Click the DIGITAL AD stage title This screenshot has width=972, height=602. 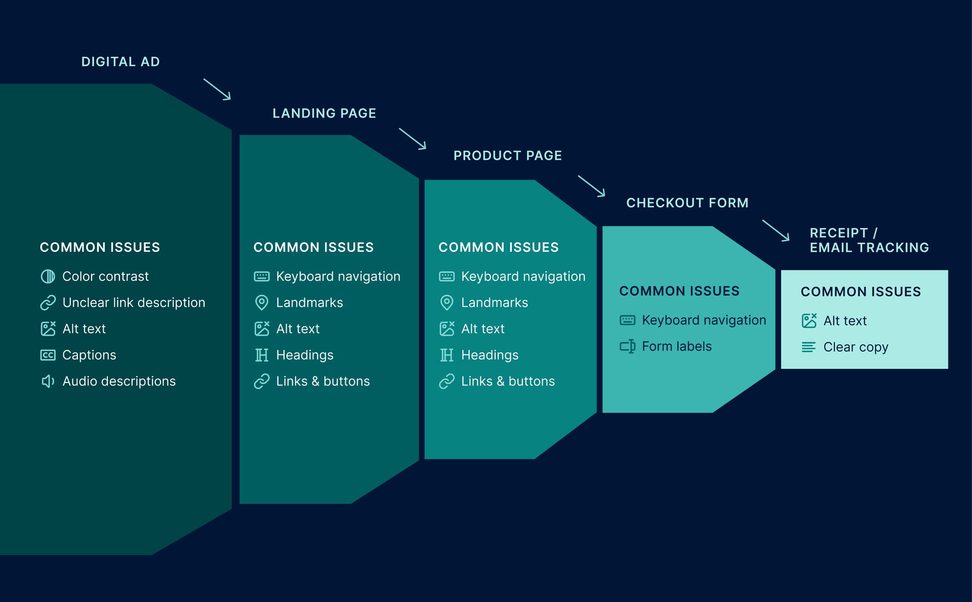120,62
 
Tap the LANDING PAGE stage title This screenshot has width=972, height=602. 324,113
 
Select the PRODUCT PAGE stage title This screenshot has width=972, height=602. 507,156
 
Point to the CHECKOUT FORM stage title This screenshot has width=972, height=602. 687,203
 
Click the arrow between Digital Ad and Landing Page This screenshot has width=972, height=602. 217,89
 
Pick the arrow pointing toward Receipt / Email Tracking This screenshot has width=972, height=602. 776,230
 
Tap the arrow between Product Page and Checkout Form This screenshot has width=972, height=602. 591,186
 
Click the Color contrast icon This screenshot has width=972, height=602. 48,276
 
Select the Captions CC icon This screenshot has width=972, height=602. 48,355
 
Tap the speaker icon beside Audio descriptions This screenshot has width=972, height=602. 48,381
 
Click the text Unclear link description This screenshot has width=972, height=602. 134,303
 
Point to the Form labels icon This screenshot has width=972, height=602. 628,347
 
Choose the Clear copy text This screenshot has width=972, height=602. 856,347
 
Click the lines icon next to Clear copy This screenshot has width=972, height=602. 808,347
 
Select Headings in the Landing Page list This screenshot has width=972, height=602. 305,355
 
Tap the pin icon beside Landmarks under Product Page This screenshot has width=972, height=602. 447,303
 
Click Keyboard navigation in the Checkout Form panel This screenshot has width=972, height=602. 704,320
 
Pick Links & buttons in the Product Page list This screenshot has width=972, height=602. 508,381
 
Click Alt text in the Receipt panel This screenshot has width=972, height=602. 845,321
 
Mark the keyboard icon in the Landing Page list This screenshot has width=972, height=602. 262,276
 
